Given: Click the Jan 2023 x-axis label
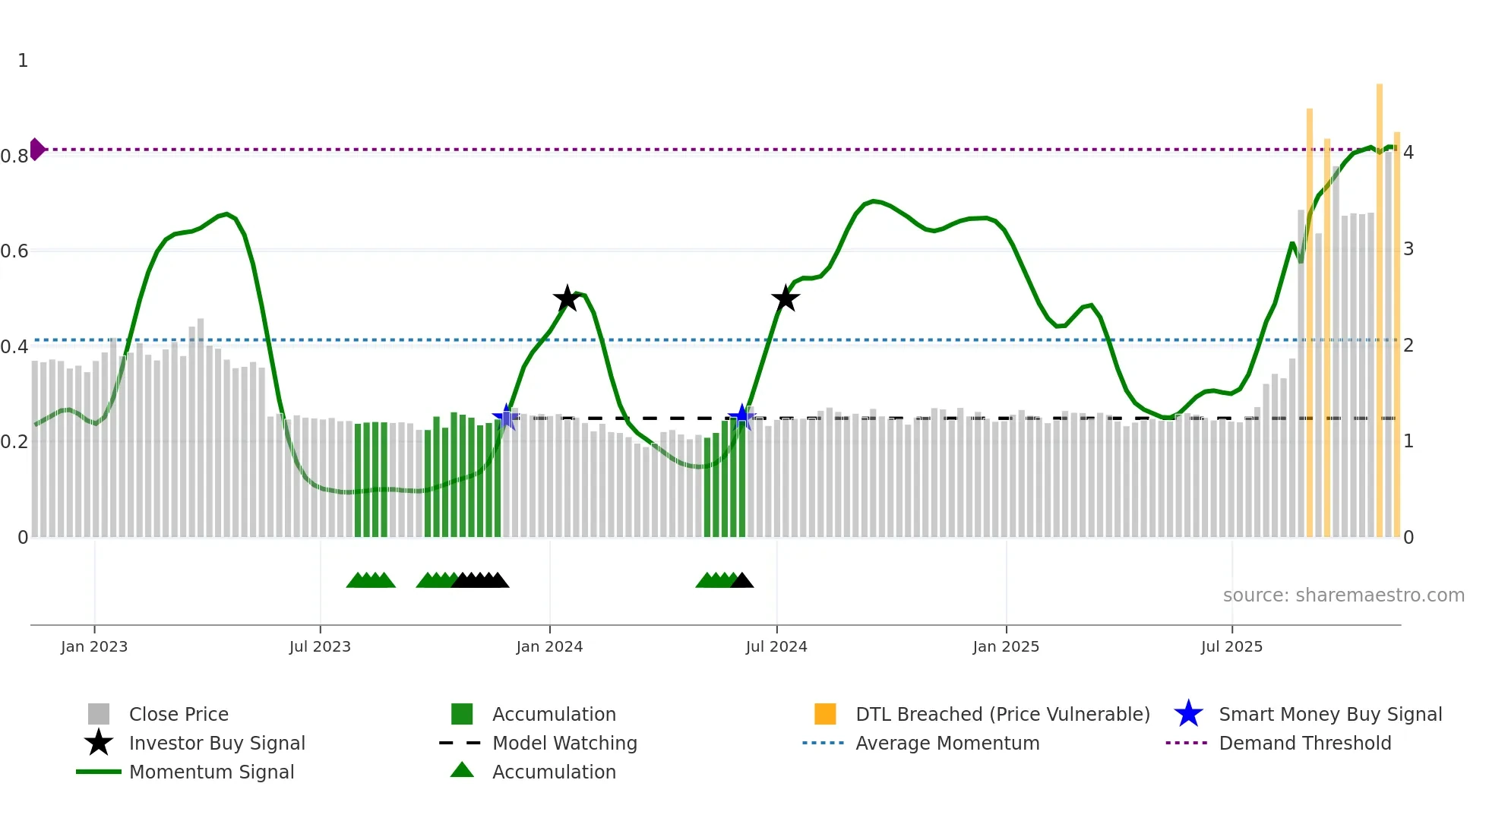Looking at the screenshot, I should point(94,646).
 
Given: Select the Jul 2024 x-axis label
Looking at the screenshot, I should point(776,646).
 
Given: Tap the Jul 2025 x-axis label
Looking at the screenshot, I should point(1231,646).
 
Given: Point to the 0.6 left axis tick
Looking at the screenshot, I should point(14,251).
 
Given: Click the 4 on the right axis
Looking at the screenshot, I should point(1408,153).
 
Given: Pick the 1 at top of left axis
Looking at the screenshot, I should point(23,61).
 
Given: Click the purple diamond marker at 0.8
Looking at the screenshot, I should point(36,150).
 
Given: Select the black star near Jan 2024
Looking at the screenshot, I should point(567,298).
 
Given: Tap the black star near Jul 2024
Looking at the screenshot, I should point(786,298).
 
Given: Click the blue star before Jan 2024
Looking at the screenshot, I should point(506,417).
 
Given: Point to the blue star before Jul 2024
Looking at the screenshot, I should point(741,417).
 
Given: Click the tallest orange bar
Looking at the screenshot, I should point(1380,304).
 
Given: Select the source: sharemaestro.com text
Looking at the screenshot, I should point(1343,595).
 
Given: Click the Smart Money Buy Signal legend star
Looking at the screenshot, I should point(1188,714).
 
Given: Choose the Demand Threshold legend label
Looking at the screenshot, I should point(1304,743).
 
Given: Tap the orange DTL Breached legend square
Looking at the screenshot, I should point(825,714).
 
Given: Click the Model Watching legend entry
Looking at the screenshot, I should point(564,743).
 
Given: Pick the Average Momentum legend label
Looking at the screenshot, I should point(947,743).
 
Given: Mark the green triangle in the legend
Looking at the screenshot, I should point(462,770).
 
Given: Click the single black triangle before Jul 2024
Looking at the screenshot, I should point(741,581).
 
